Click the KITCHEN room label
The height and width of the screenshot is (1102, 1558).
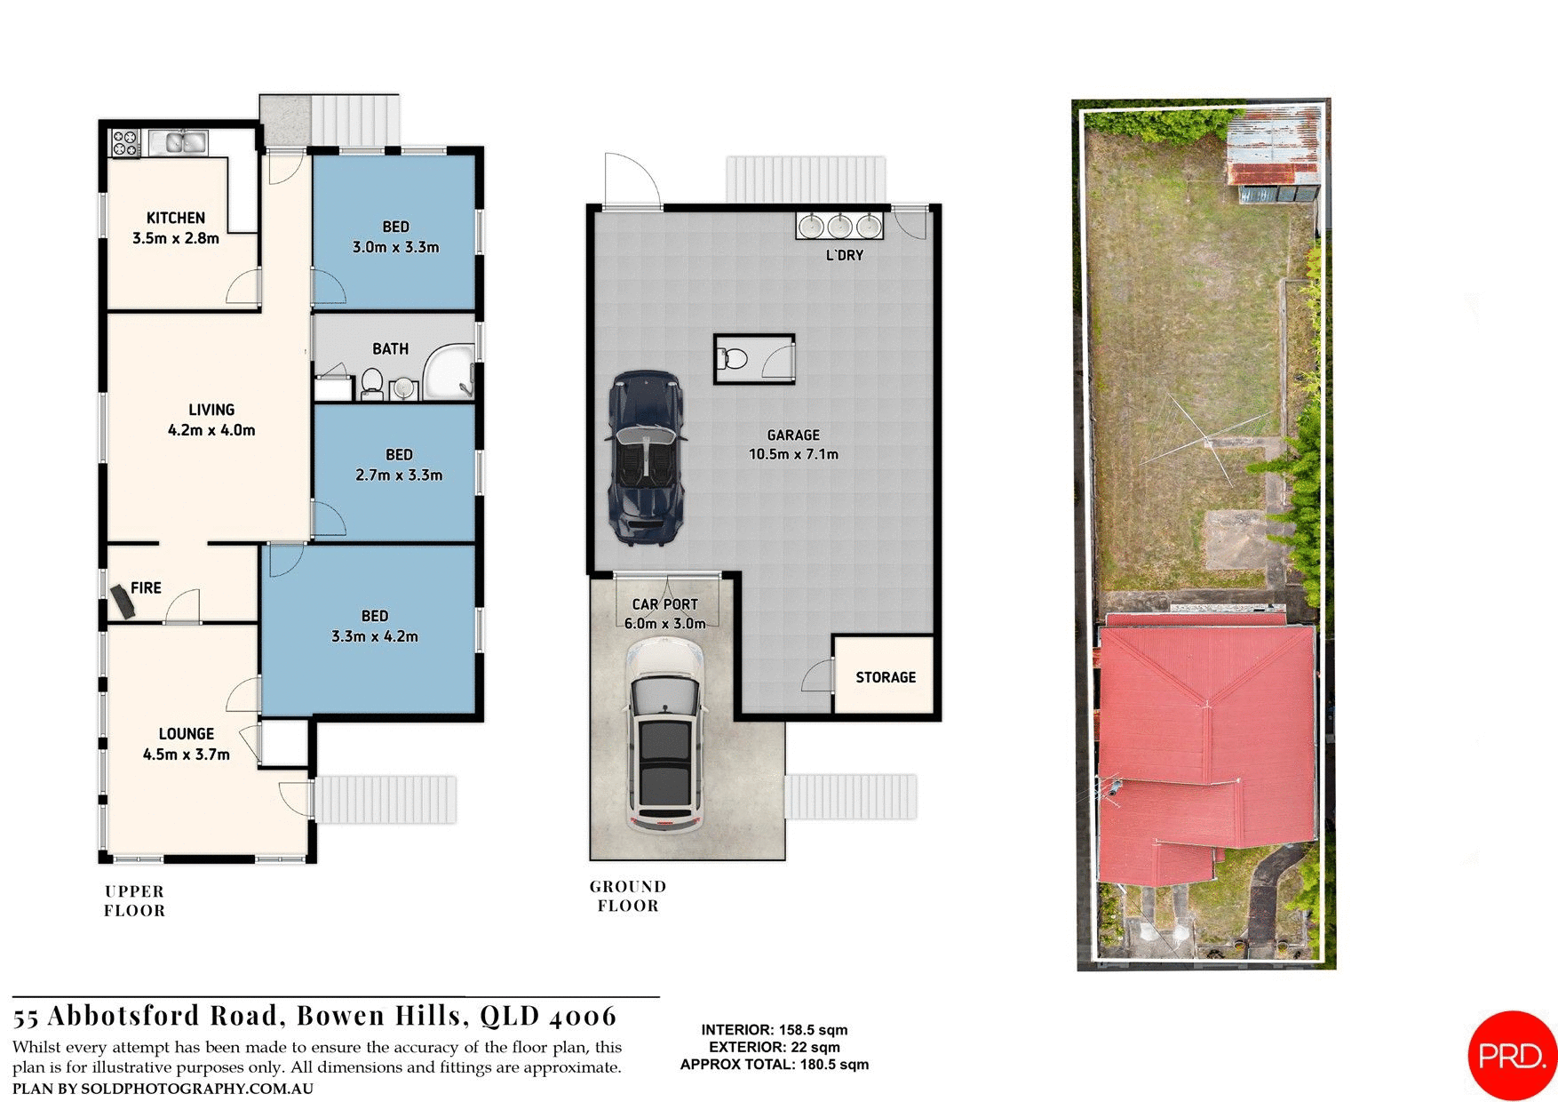(175, 218)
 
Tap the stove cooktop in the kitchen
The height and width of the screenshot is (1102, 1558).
(125, 143)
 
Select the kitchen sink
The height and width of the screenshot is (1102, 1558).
(179, 142)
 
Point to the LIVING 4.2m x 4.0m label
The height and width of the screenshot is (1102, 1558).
(211, 419)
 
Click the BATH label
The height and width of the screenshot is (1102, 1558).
(390, 349)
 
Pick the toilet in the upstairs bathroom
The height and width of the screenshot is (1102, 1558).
(372, 385)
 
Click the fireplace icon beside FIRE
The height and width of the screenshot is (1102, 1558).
(123, 602)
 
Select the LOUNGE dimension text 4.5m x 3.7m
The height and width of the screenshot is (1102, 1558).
(187, 755)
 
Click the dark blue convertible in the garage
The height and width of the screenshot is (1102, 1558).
(646, 457)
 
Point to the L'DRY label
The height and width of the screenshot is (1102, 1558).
(844, 255)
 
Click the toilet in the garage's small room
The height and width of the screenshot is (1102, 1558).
(734, 359)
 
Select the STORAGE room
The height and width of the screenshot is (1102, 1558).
(885, 676)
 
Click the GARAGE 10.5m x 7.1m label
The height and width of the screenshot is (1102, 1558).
(793, 444)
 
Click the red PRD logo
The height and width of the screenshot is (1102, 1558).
(1513, 1055)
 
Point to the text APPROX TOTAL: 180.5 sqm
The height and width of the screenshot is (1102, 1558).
(774, 1065)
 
